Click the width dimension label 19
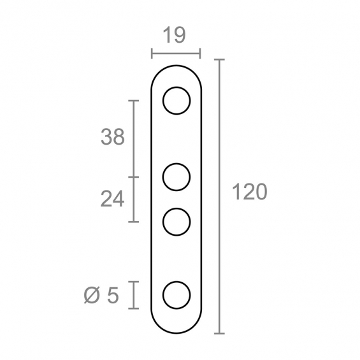(174, 35)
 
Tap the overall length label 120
(250, 192)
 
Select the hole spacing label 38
(113, 137)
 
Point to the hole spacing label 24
(113, 199)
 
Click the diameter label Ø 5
(101, 295)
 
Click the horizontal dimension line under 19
(176, 54)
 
